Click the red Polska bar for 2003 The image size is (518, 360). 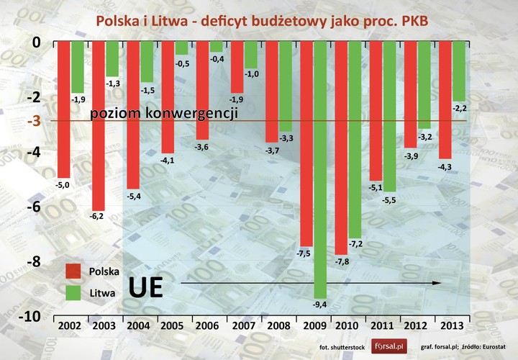[x=99, y=126]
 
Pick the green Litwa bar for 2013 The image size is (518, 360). [x=458, y=71]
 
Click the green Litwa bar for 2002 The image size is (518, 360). [x=78, y=67]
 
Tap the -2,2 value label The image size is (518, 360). [x=458, y=108]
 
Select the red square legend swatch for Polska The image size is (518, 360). [x=73, y=271]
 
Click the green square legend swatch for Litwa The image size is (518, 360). [x=73, y=292]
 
